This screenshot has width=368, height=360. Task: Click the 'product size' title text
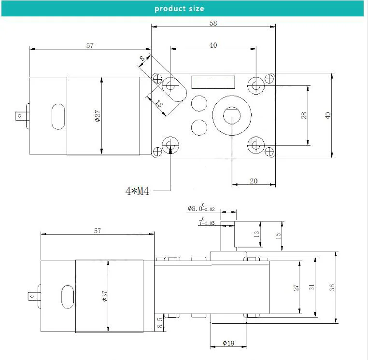pos(179,9)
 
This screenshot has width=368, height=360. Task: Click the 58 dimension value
pos(213,23)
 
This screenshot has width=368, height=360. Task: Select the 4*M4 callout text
pos(137,191)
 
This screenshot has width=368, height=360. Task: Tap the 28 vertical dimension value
pos(304,115)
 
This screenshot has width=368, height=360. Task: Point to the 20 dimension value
pos(254,181)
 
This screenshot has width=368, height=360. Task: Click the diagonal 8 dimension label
pos(142,58)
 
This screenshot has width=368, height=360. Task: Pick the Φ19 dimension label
pos(228,343)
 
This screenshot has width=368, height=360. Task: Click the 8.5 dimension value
pos(159,322)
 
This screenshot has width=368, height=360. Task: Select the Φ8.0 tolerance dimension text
pos(201,208)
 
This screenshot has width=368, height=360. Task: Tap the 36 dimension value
pos(332,287)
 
